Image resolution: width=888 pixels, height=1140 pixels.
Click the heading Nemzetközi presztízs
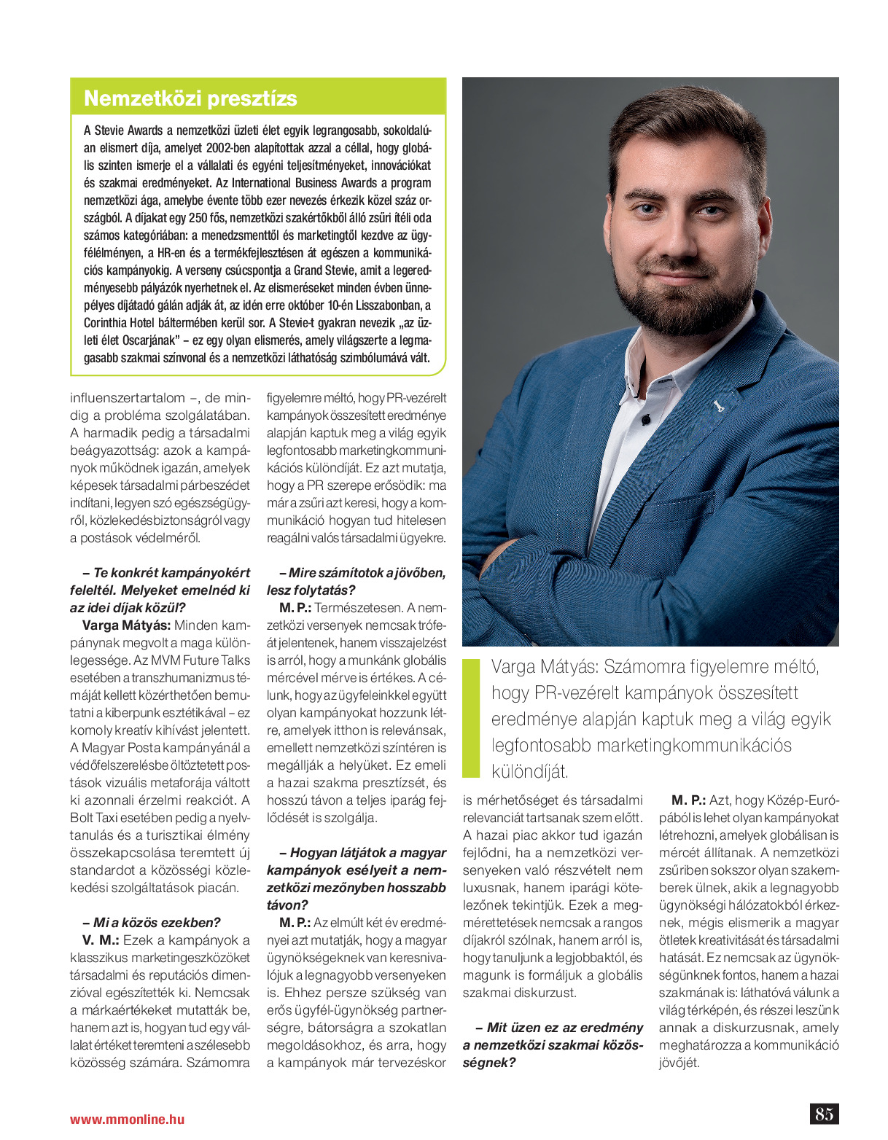[190, 98]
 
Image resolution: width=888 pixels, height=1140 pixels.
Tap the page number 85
[824, 1114]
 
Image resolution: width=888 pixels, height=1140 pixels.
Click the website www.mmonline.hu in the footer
[127, 1119]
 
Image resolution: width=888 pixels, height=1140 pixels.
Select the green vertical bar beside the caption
[472, 718]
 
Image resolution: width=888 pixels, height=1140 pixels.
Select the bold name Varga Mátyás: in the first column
[126, 625]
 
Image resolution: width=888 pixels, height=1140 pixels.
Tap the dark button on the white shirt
[645, 419]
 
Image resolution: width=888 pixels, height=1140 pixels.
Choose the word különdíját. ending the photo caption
[529, 771]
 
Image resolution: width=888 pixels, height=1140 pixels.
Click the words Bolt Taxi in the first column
[96, 818]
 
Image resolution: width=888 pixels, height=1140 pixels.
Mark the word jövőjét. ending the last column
[679, 1063]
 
